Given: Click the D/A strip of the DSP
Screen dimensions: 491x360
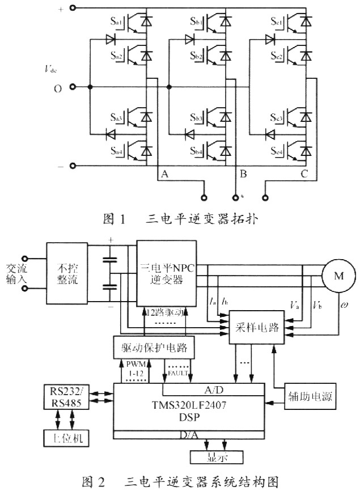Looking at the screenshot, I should click(189, 435).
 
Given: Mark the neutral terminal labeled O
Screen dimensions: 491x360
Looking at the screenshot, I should click(57, 87).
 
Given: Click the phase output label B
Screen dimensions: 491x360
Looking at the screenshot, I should click(242, 175).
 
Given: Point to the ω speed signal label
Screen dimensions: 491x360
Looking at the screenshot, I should click(344, 307).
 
